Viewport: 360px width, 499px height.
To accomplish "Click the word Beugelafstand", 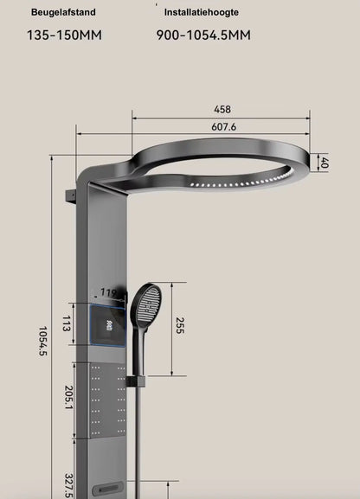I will tap(63, 13).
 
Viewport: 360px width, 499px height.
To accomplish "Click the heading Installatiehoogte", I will tap(202, 13).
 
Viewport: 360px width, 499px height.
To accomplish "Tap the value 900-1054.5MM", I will tap(203, 35).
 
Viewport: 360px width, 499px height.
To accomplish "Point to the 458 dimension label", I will tap(222, 110).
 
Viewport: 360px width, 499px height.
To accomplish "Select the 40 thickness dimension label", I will tap(324, 163).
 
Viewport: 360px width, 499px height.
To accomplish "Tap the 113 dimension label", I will tap(66, 324).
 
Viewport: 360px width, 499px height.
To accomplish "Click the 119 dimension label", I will tap(108, 293).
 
